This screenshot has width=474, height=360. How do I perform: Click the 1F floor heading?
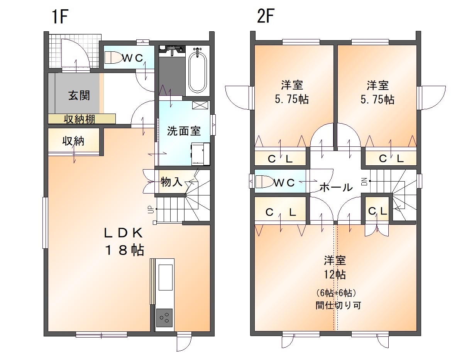click(60, 17)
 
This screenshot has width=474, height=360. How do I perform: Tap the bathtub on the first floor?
click(198, 71)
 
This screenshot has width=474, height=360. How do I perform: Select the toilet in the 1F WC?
click(113, 58)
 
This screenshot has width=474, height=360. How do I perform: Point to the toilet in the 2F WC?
click(265, 182)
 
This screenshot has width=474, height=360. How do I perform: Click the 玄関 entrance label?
click(79, 95)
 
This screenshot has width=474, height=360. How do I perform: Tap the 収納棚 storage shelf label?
click(79, 119)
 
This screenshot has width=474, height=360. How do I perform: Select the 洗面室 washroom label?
click(184, 131)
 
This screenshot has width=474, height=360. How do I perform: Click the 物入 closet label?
click(171, 182)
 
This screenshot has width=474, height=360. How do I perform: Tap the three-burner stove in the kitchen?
click(164, 318)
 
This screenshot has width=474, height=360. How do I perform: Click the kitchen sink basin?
click(166, 277)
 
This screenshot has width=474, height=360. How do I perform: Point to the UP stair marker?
click(150, 210)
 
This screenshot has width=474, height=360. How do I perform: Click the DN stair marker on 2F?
click(364, 182)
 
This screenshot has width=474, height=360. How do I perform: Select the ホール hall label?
click(336, 187)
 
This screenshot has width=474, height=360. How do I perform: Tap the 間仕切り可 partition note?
click(338, 305)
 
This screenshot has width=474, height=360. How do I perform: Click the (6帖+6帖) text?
click(336, 293)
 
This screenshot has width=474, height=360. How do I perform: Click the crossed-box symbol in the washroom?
click(200, 105)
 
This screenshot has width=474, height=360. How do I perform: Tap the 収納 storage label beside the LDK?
click(73, 141)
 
